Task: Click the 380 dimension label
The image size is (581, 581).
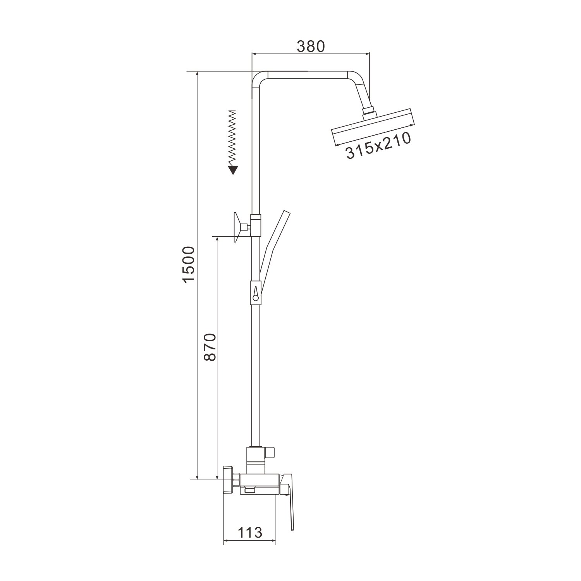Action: point(310,46)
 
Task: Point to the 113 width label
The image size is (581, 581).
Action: point(249,532)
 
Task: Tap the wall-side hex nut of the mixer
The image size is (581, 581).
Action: point(234,480)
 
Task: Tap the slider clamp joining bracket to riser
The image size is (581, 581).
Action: point(256,225)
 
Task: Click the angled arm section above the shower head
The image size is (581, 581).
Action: point(362,91)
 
